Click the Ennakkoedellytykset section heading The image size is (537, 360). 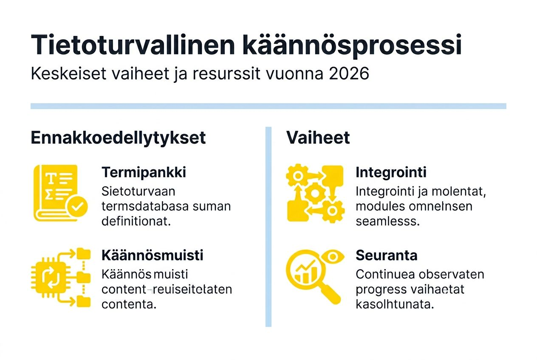pyautogui.click(x=118, y=138)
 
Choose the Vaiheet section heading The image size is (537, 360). pyautogui.click(x=318, y=138)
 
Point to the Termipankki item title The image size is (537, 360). pyautogui.click(x=144, y=172)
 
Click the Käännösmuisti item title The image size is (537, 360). pyautogui.click(x=152, y=255)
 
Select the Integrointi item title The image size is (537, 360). pyautogui.click(x=391, y=172)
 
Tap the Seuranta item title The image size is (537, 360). pyautogui.click(x=386, y=255)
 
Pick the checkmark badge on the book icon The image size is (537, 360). pyautogui.click(x=77, y=207)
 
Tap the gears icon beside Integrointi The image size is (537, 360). pyautogui.click(x=315, y=193)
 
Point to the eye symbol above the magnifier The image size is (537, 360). pyautogui.click(x=333, y=257)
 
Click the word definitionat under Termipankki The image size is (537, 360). pyautogui.click(x=136, y=222)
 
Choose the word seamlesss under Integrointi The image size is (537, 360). pyautogui.click(x=387, y=222)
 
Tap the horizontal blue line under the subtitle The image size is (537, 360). pyautogui.click(x=268, y=106)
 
